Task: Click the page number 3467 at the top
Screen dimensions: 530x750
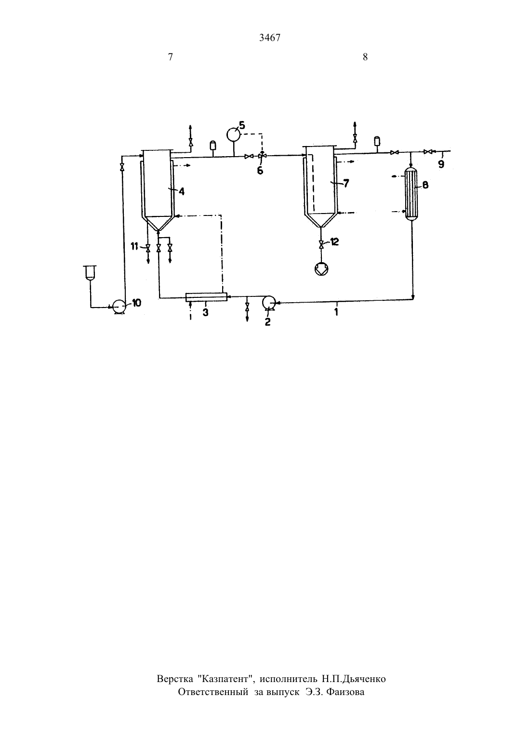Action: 270,38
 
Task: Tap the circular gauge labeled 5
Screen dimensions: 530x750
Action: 234,135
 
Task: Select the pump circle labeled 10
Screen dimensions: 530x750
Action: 118,306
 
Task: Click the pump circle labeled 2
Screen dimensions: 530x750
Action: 268,302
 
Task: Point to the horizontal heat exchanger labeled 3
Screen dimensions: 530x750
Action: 206,297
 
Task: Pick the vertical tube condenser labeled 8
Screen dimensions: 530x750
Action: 411,194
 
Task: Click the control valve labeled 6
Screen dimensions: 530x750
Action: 262,156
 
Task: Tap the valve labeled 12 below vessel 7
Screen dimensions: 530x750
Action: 321,244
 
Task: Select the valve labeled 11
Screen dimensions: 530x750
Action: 148,248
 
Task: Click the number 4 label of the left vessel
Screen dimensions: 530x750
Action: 181,192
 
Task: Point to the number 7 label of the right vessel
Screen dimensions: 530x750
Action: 346,184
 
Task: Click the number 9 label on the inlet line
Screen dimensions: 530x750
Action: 441,164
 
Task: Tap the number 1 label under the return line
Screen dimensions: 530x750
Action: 336,312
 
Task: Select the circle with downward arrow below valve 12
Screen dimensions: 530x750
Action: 321,268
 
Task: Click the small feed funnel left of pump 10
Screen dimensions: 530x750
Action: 90,272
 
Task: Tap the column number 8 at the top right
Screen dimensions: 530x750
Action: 365,57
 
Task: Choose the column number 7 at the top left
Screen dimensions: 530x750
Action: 170,57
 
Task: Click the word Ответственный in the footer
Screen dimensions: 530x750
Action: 213,692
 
